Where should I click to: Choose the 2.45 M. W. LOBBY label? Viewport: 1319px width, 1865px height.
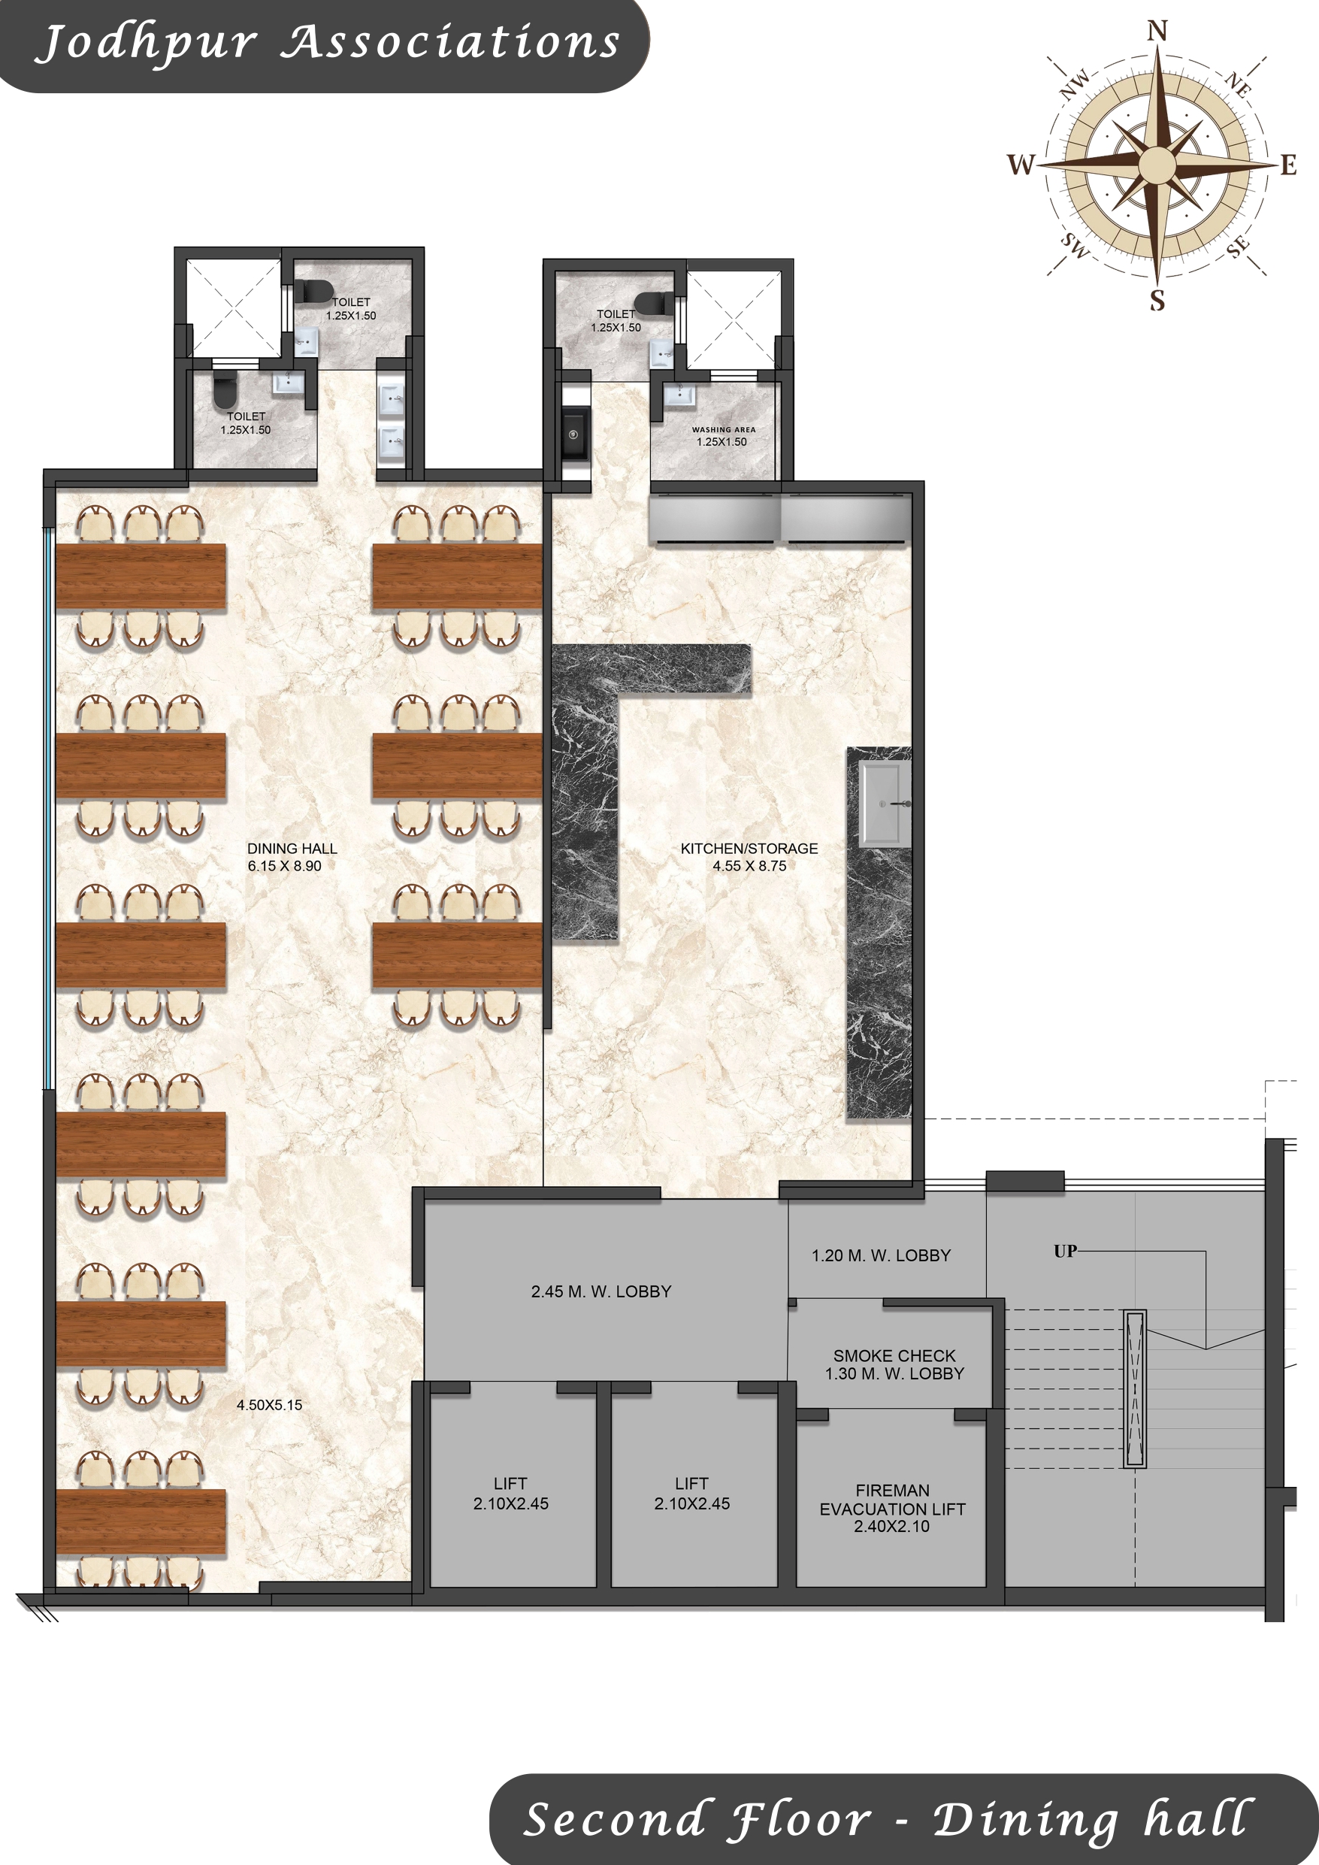tap(601, 1291)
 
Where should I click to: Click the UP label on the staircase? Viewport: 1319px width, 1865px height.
tap(1065, 1251)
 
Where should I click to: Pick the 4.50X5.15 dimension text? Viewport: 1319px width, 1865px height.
tap(269, 1405)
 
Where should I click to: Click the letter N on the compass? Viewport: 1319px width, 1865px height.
tap(1157, 31)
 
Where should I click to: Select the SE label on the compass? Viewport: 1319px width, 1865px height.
tap(1238, 247)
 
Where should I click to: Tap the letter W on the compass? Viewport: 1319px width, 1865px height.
tap(1021, 165)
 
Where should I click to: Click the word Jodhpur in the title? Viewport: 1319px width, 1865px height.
tap(147, 42)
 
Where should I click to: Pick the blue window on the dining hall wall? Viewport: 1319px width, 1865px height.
tap(50, 808)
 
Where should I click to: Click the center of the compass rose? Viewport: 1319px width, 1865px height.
tap(1157, 165)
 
